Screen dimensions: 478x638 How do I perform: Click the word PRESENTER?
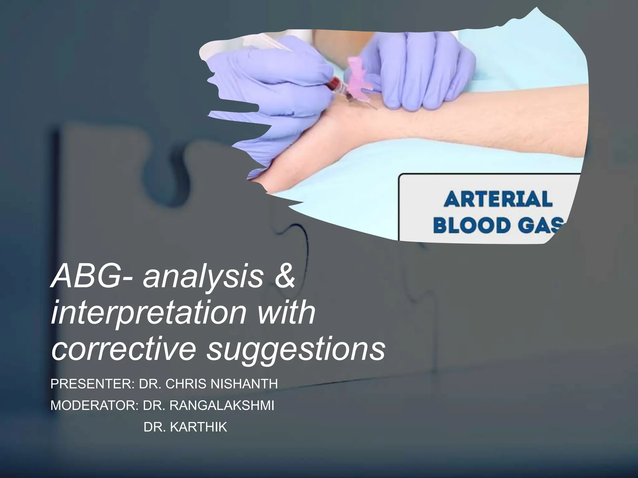tap(92, 384)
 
